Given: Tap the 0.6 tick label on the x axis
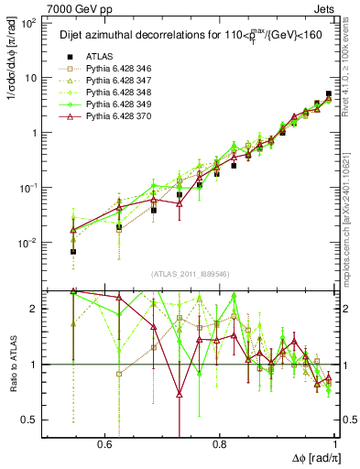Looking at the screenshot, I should (104, 443).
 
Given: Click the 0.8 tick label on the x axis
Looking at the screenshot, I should (220, 443).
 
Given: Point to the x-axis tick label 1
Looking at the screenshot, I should (336, 443).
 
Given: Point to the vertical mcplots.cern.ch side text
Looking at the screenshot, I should (353, 211).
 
